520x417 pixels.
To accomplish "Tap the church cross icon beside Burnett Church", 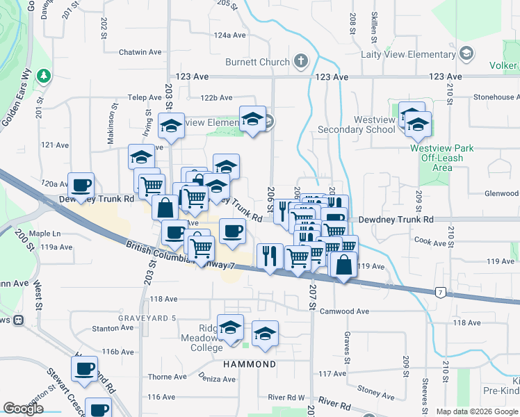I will point(300,62).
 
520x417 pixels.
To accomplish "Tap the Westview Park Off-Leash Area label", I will point(441,158).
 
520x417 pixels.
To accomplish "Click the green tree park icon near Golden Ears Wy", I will point(44,74).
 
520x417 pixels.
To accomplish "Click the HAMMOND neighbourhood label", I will point(249,364).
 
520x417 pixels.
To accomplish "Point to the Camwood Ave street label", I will point(345,311).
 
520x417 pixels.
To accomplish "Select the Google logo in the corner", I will point(24,409).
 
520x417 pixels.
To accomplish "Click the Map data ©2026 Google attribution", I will point(477,411).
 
